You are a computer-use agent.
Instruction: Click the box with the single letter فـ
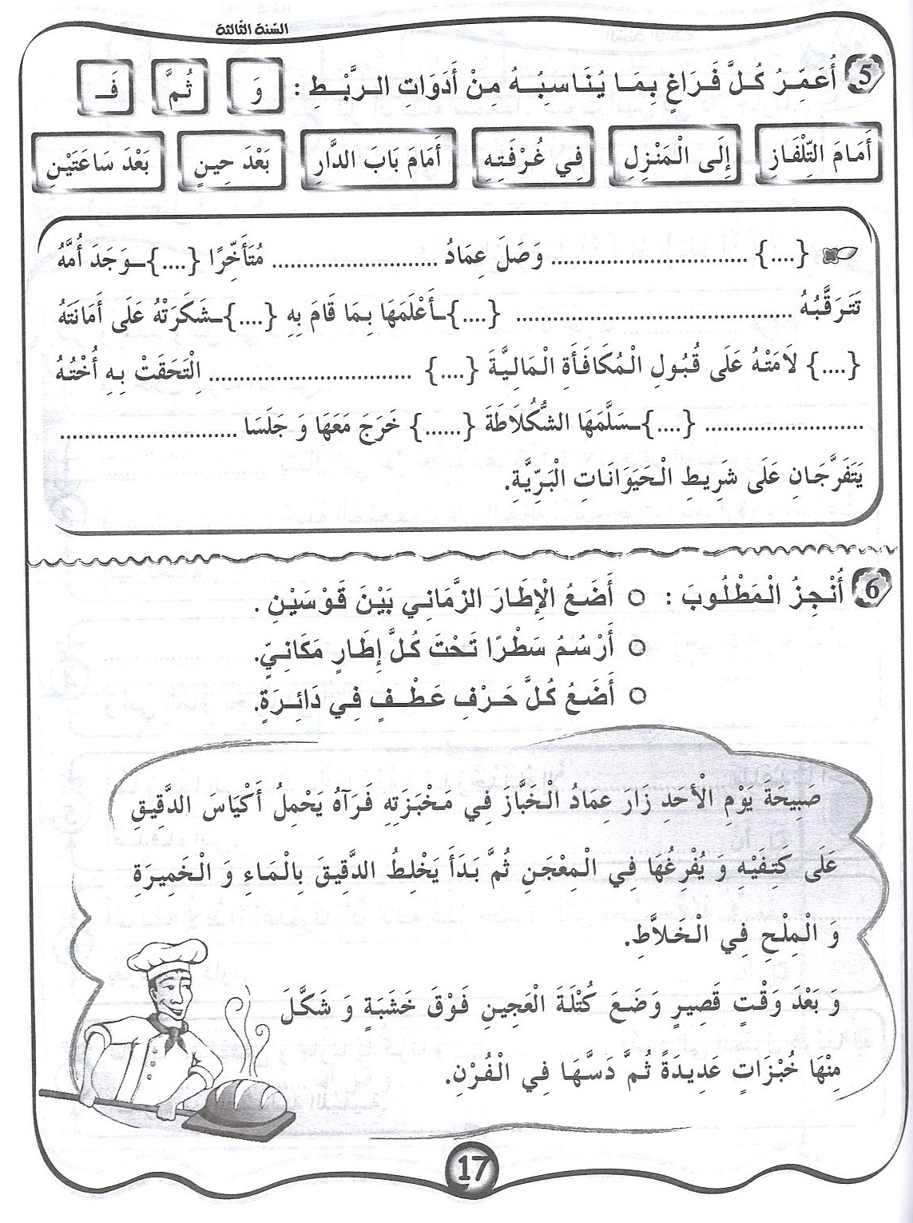(x=107, y=83)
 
